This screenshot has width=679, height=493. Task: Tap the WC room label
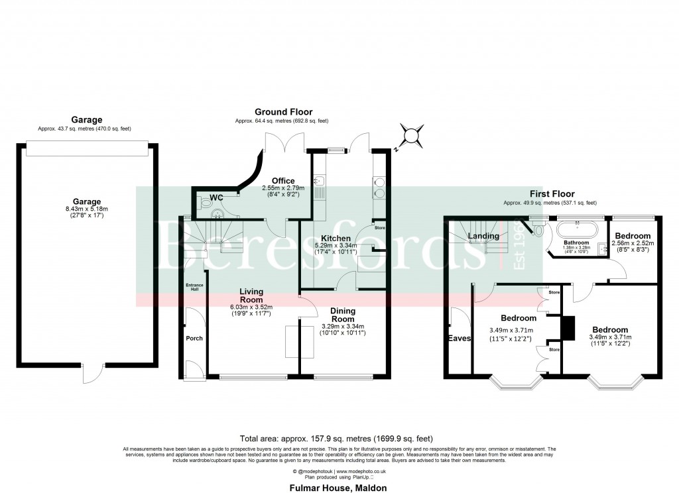click(217, 197)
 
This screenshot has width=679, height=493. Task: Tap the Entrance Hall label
click(194, 286)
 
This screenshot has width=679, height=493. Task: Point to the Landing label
click(483, 236)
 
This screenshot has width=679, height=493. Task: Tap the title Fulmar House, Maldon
click(338, 488)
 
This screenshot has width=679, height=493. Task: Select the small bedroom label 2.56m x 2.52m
click(632, 243)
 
